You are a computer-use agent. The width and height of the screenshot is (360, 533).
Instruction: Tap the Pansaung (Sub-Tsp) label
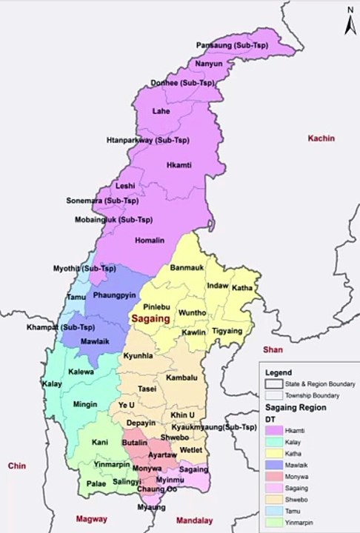tap(233, 46)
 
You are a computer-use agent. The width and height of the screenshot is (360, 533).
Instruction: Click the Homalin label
tap(150, 241)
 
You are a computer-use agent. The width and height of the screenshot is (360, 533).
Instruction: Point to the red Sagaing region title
tap(150, 318)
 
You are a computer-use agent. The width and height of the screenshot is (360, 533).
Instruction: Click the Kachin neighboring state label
tap(322, 138)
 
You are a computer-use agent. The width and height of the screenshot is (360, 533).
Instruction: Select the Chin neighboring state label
tap(16, 466)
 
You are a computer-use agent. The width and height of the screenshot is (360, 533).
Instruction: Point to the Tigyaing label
tap(227, 331)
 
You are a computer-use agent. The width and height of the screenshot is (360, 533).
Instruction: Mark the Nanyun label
tap(208, 64)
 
